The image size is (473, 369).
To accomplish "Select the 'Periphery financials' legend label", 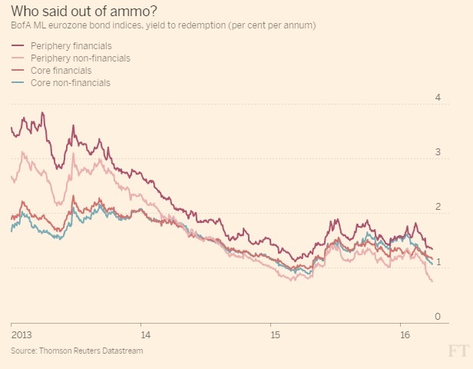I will click(x=71, y=47).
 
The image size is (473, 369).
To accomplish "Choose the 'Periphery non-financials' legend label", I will click(x=80, y=58).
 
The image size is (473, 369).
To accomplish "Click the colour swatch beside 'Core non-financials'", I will click(x=18, y=81).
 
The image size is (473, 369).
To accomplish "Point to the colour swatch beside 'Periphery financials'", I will click(x=18, y=47).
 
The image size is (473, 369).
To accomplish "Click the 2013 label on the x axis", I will click(x=22, y=335).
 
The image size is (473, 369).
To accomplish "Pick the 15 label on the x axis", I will click(x=275, y=335).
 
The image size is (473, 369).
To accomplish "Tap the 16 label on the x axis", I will click(x=405, y=335).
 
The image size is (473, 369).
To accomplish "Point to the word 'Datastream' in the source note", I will click(x=122, y=351).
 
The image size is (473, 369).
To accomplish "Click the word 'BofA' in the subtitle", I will click(x=21, y=26).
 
